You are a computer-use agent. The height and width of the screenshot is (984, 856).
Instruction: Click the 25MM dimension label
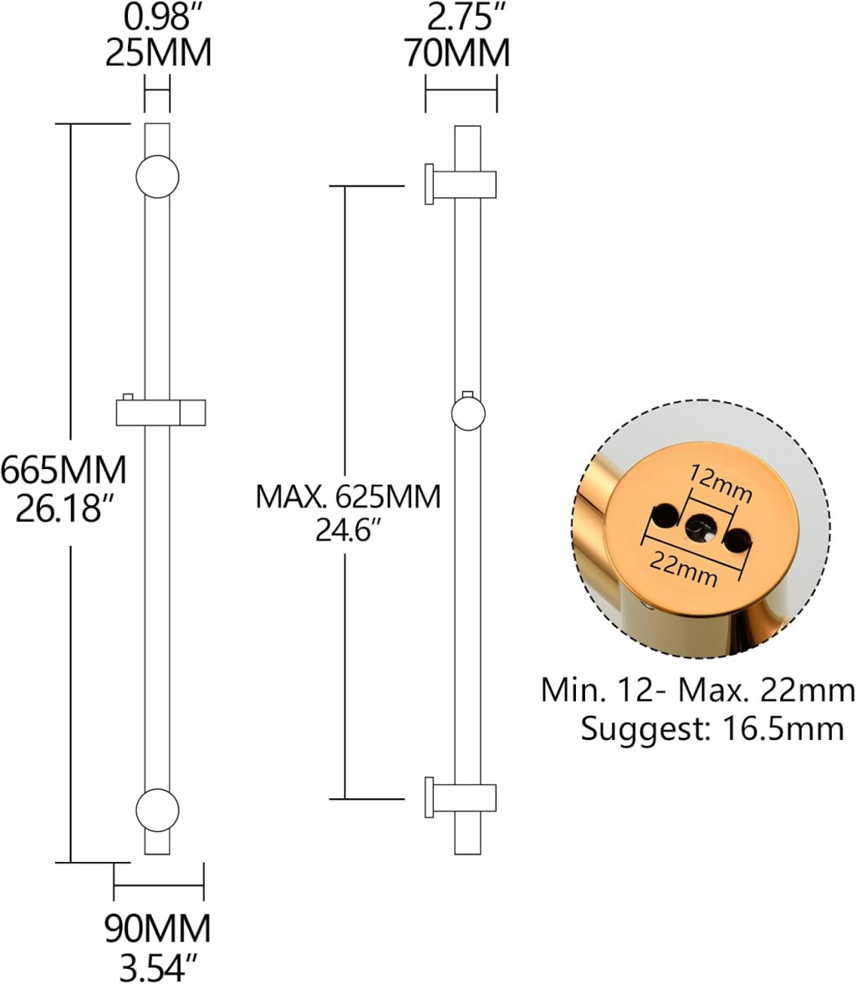click(158, 54)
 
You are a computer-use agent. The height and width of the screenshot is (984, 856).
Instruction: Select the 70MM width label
click(456, 54)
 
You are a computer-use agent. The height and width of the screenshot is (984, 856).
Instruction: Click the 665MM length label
click(64, 471)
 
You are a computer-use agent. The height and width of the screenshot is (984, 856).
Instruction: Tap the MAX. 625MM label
click(348, 497)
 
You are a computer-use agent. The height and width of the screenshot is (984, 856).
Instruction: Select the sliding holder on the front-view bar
click(160, 413)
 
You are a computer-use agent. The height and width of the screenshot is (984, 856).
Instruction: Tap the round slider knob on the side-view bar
click(467, 414)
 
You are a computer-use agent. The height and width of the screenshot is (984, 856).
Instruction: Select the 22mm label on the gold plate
click(684, 568)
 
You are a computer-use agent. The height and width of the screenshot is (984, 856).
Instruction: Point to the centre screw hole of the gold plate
click(698, 528)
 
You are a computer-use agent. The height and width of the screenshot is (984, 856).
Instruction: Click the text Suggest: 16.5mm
click(712, 729)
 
